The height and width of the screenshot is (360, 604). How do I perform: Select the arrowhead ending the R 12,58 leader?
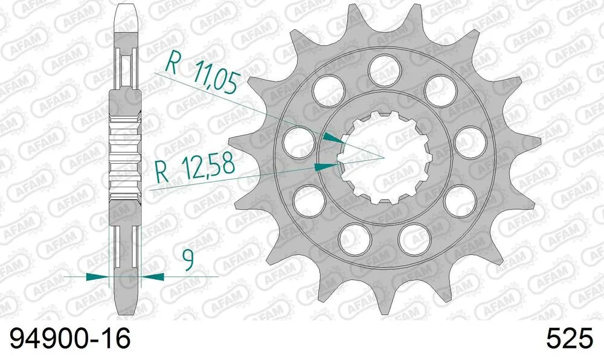coord(327,164)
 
